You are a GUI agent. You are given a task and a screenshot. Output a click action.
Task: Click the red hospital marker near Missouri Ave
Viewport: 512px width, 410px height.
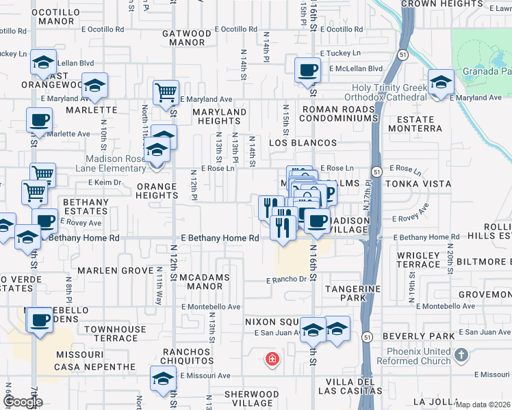(x=272, y=359)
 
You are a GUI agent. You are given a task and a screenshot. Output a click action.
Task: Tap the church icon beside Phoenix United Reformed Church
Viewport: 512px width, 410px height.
(x=461, y=355)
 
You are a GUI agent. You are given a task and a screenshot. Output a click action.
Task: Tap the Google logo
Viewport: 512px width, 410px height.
(x=23, y=401)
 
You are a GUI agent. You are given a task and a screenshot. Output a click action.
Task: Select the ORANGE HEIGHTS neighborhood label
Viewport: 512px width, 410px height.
(x=158, y=191)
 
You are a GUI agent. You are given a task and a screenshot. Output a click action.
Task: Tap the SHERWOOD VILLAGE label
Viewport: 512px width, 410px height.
(x=252, y=399)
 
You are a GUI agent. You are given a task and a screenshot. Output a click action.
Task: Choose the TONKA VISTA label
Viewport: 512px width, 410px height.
(x=418, y=184)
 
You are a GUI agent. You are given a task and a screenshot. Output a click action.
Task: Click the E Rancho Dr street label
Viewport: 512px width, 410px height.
(x=287, y=279)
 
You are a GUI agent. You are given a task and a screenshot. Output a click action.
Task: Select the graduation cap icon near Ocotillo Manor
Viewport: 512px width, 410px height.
(x=44, y=63)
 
